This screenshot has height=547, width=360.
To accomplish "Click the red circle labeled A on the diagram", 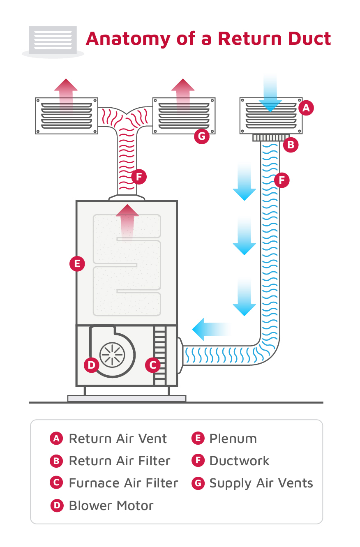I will pos(306,108).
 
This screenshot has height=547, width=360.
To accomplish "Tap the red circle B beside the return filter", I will pos(291,145).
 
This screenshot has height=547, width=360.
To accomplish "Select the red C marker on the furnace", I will pos(153,365).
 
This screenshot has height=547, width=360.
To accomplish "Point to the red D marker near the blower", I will pos(91,365).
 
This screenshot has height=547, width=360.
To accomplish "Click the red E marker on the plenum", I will pos(77,263).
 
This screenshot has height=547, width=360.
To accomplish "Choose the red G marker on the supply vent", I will pos(202,136).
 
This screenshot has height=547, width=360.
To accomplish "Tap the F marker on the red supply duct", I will pos(139,177).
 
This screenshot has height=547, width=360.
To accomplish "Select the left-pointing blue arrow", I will pos(210,329).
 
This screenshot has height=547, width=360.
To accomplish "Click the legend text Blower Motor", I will pos(111,505).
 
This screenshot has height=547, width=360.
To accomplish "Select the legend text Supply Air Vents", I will pos(261,483).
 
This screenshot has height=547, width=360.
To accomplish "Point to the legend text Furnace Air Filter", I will pos(123,483).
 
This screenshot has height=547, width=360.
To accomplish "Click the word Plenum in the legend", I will pos(233,439).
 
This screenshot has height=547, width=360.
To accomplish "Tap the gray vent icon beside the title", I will pos(53,41).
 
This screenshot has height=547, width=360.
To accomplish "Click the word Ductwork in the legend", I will pos(239,461).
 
